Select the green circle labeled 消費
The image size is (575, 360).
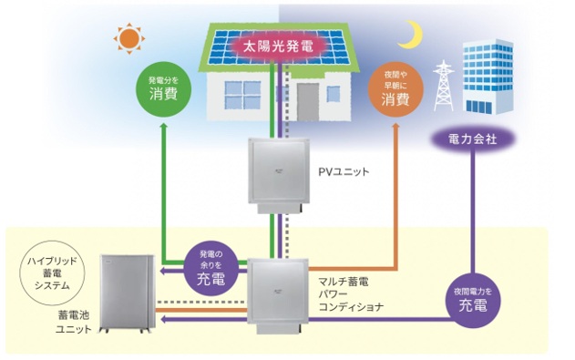(164, 87)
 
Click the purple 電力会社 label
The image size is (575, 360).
(472, 139)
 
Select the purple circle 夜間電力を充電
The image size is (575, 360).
(475, 302)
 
